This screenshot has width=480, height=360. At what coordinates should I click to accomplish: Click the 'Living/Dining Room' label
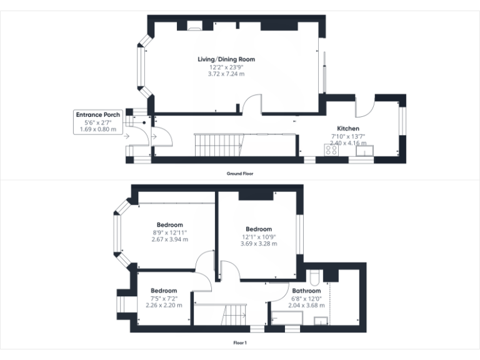click(226, 59)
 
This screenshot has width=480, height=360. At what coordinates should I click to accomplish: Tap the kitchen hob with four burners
click(330, 150)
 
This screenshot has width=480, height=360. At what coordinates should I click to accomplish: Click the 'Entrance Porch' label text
click(99, 115)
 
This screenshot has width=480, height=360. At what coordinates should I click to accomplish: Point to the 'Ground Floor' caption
click(240, 173)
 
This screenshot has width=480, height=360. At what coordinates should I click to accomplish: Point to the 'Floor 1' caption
click(240, 342)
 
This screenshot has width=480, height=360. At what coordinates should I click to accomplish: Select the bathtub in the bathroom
click(286, 319)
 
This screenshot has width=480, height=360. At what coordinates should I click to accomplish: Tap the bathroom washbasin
click(321, 321)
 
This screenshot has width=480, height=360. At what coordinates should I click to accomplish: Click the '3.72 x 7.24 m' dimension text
click(226, 74)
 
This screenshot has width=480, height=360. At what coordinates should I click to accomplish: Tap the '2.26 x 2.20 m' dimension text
click(164, 305)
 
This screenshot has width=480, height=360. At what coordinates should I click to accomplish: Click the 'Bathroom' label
click(306, 291)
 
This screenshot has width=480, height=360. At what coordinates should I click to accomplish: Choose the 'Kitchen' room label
click(348, 128)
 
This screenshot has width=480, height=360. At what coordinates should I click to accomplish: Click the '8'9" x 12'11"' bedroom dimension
click(170, 232)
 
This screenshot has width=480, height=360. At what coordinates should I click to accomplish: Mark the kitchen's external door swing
click(364, 107)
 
